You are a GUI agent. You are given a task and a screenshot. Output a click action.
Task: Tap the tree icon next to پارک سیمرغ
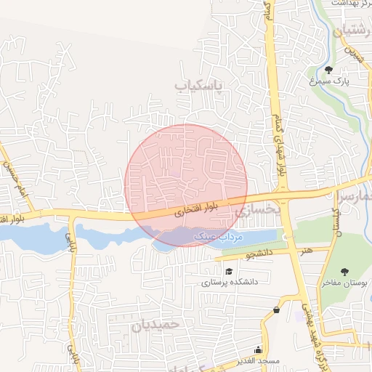(329, 70)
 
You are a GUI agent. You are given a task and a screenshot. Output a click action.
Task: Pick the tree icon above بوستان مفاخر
(344, 272)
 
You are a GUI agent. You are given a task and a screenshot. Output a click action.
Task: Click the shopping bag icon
(276, 310)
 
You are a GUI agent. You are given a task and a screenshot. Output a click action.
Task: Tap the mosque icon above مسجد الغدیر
(259, 349)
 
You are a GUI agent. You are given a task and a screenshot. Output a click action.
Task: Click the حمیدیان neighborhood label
(155, 325)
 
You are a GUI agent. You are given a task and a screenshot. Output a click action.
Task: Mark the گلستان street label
(336, 222)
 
